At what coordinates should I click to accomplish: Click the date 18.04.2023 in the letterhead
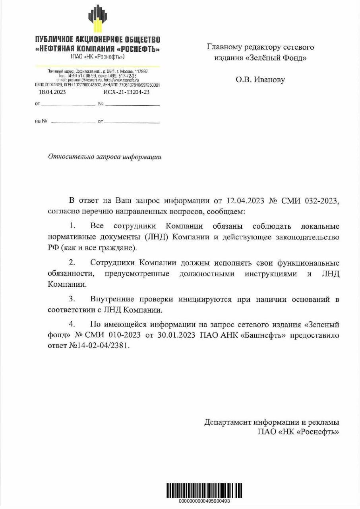point(52,92)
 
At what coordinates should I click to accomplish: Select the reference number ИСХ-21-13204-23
point(126,92)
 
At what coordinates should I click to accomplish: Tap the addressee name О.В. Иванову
point(260,80)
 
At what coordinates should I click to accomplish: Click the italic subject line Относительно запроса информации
point(105,157)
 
